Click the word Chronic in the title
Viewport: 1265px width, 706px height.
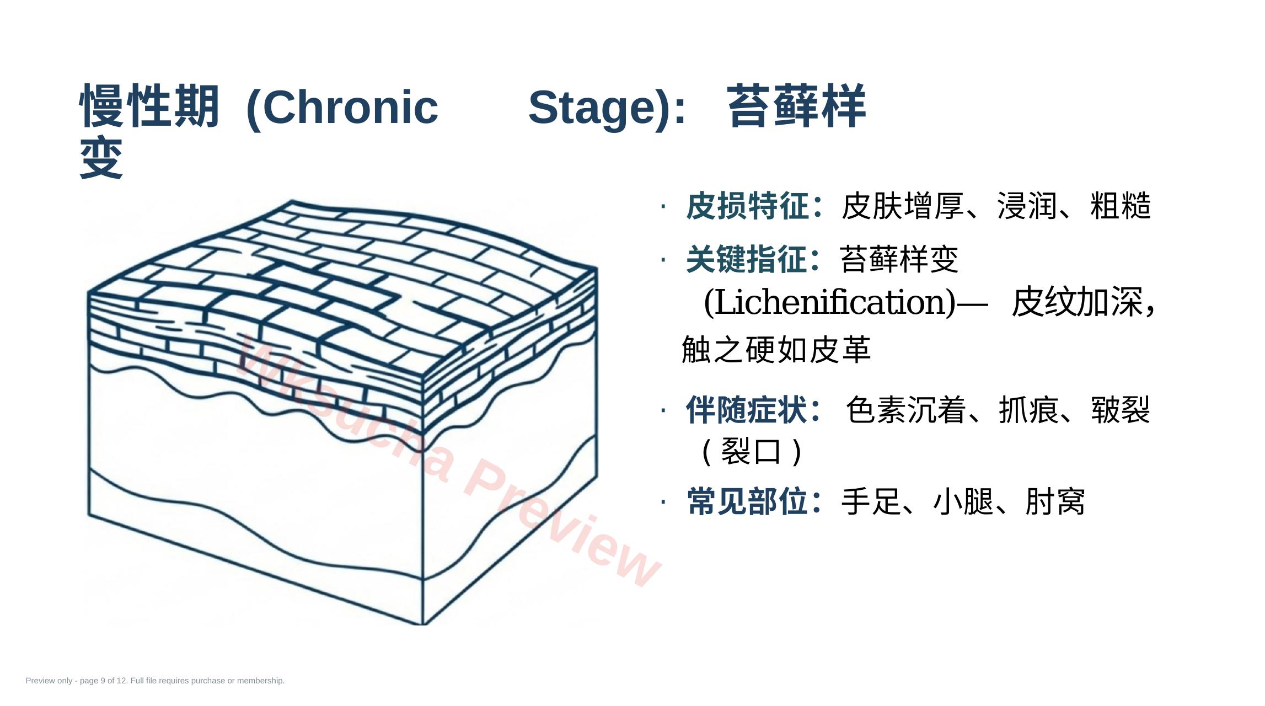tap(350, 107)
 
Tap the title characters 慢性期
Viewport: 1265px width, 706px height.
tap(149, 106)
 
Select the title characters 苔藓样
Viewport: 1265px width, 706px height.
tap(796, 106)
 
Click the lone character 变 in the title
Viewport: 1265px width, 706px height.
tap(101, 158)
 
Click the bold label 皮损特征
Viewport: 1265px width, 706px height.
tap(747, 206)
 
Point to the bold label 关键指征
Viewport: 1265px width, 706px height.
tap(747, 259)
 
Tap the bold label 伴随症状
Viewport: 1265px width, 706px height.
tap(747, 410)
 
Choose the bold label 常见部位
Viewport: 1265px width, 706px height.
tap(747, 501)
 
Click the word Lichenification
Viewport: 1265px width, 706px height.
tap(830, 302)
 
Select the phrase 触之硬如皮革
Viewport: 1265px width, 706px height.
tap(776, 350)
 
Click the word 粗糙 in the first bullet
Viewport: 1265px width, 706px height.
tap(1121, 206)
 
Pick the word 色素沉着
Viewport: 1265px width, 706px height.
tap(905, 410)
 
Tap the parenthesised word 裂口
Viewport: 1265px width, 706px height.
tap(751, 452)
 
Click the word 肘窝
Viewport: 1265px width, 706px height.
tap(1055, 501)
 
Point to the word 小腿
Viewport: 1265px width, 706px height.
tap(963, 501)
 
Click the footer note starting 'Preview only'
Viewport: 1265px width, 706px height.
tap(155, 681)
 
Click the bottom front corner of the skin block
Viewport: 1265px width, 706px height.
tap(423, 624)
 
